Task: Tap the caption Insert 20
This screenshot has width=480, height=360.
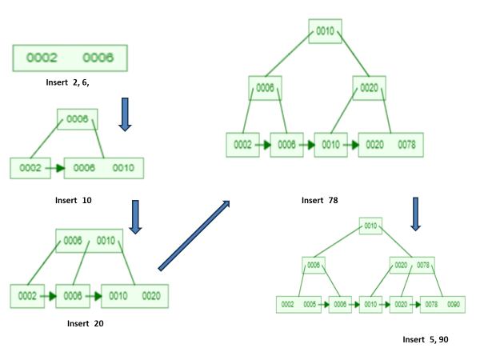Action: click(x=86, y=323)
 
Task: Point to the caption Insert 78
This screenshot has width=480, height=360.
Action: click(x=319, y=200)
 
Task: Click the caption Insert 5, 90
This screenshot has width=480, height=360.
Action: click(x=425, y=340)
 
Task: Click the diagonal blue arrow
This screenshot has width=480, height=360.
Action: click(x=194, y=236)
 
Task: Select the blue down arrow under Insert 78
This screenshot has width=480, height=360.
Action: click(x=415, y=212)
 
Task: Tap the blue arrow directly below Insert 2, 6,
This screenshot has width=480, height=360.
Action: click(x=125, y=114)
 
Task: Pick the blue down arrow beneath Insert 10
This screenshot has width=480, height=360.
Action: click(x=135, y=216)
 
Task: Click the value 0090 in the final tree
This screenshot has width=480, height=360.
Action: click(x=454, y=305)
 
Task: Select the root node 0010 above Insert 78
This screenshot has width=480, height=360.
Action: click(x=326, y=31)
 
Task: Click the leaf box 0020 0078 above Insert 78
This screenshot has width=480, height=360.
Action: click(x=390, y=145)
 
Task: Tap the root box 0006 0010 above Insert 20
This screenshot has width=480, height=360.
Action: click(x=89, y=241)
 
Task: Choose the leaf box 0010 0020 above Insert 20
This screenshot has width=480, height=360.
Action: click(x=134, y=296)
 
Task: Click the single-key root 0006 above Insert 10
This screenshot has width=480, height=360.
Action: click(x=77, y=119)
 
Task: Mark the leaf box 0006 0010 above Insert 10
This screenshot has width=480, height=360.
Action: click(x=104, y=168)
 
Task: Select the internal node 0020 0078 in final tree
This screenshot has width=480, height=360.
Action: click(x=412, y=265)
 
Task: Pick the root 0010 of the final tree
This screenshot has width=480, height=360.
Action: click(x=370, y=226)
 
